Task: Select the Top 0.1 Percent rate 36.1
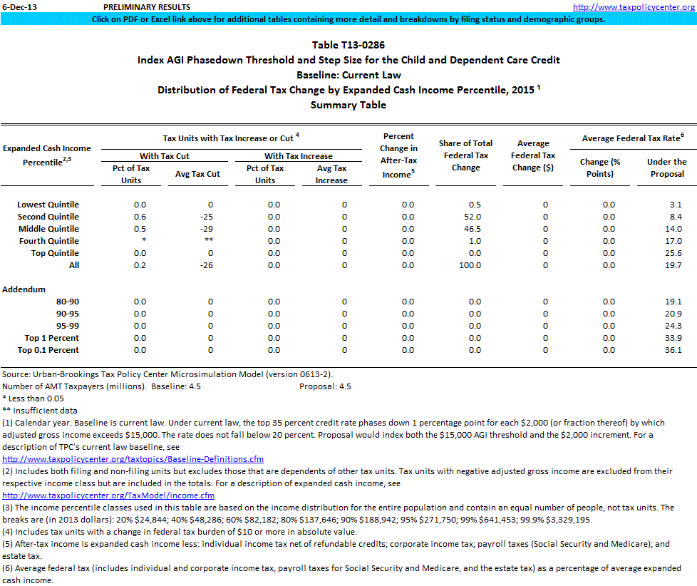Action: click(x=673, y=350)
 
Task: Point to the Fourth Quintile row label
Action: click(x=48, y=241)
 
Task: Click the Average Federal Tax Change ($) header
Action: click(x=533, y=155)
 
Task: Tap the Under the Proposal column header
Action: click(x=666, y=168)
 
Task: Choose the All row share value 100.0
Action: click(x=470, y=265)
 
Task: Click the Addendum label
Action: click(x=24, y=289)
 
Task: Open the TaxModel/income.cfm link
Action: click(x=108, y=495)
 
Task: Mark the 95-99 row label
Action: click(x=68, y=326)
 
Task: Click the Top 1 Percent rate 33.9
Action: click(x=673, y=338)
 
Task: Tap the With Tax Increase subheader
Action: click(x=299, y=156)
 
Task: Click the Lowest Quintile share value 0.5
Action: click(x=474, y=205)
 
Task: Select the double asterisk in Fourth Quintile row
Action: click(x=210, y=241)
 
